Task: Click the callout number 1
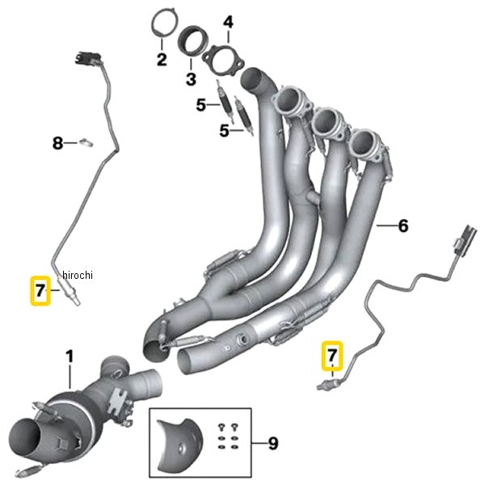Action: (x=70, y=356)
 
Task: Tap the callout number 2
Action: (x=162, y=59)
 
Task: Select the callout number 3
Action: (x=191, y=79)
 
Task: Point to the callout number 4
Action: (x=228, y=23)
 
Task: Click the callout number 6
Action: (x=403, y=226)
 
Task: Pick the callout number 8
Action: (x=57, y=143)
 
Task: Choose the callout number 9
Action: (x=273, y=444)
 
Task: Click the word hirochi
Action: (x=78, y=275)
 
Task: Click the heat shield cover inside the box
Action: (x=179, y=445)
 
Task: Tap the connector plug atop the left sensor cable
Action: (x=88, y=58)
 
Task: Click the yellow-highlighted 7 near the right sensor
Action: (x=332, y=356)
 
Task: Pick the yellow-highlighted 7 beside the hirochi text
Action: (x=40, y=291)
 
